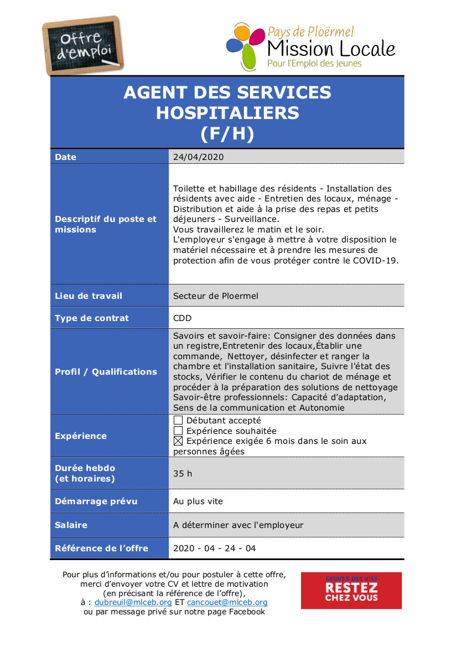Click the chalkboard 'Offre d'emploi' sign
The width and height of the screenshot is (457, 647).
pyautogui.click(x=83, y=45)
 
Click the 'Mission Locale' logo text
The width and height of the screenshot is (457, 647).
pyautogui.click(x=331, y=48)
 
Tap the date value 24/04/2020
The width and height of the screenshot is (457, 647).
pyautogui.click(x=198, y=157)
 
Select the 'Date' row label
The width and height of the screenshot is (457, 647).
pyautogui.click(x=66, y=157)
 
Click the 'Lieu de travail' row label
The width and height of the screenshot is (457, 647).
pyautogui.click(x=89, y=296)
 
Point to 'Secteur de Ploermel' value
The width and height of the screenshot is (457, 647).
pyautogui.click(x=216, y=296)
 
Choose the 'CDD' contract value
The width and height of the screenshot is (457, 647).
pyautogui.click(x=182, y=318)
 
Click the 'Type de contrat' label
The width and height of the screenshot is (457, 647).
pyautogui.click(x=92, y=318)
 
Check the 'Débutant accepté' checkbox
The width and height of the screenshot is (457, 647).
pyautogui.click(x=178, y=421)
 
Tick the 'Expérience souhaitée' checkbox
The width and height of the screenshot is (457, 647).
pyautogui.click(x=178, y=431)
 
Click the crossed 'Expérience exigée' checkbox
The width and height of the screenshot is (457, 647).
pyautogui.click(x=178, y=441)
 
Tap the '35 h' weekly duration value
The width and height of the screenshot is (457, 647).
pyautogui.click(x=183, y=474)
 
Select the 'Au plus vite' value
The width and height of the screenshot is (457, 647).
pyautogui.click(x=198, y=501)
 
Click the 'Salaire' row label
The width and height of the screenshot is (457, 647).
pyautogui.click(x=71, y=525)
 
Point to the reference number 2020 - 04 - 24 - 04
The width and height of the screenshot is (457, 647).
pyautogui.click(x=215, y=548)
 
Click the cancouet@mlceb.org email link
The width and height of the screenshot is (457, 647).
pyautogui.click(x=227, y=602)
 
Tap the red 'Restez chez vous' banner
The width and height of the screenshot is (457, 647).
pyautogui.click(x=351, y=591)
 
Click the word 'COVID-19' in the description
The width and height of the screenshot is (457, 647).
pyautogui.click(x=379, y=261)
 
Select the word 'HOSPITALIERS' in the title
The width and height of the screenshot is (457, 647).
pyautogui.click(x=227, y=113)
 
